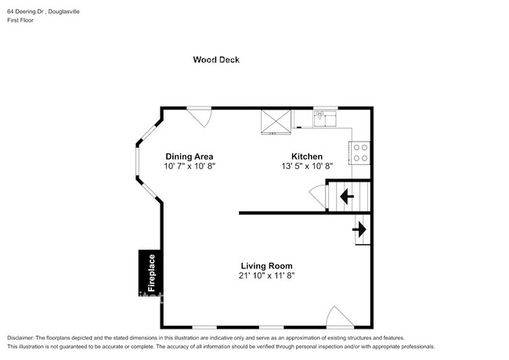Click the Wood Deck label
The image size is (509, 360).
tap(216, 59)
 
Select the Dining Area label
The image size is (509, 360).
tap(189, 157)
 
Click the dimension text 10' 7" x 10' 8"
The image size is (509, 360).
tap(189, 167)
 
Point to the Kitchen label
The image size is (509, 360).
tap(307, 157)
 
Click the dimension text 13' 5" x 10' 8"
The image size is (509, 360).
tap(307, 167)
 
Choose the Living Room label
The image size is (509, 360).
tap(266, 266)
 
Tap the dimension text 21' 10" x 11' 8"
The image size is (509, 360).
tap(266, 276)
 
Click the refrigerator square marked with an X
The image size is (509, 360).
tap(276, 121)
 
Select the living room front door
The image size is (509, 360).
tap(338, 317)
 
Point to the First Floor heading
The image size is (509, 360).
tap(22, 20)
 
